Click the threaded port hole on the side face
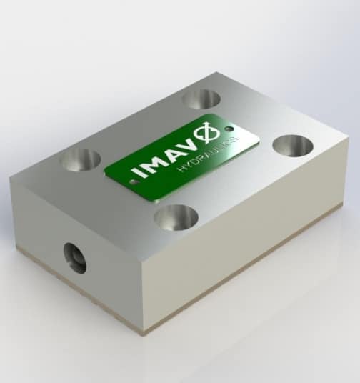(x=74, y=257)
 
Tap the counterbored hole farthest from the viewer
(x=201, y=99)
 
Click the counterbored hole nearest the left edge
(x=80, y=159)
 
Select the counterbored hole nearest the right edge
(x=293, y=146)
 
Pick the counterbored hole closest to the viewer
(x=176, y=217)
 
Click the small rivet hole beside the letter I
(x=131, y=181)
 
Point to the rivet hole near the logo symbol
(x=229, y=129)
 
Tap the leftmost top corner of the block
(x=11, y=180)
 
